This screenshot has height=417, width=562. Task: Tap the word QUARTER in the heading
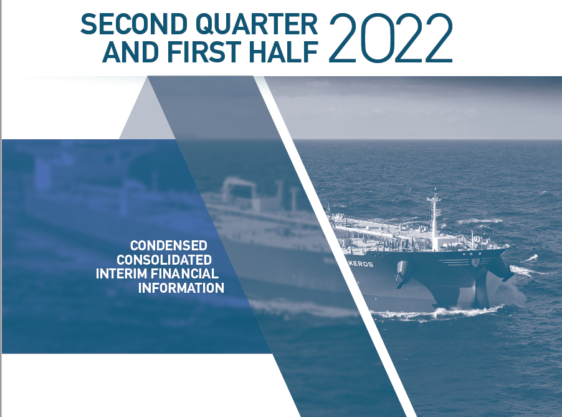(257, 25)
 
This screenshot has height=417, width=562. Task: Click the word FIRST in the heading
(204, 52)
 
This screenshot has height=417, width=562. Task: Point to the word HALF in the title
(283, 52)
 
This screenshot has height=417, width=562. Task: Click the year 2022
(391, 38)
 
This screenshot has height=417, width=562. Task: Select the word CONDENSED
(168, 246)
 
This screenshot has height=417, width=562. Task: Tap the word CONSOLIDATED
(164, 260)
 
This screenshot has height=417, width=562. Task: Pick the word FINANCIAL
(184, 273)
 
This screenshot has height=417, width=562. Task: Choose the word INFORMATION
(181, 288)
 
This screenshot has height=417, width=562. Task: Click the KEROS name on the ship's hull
(361, 264)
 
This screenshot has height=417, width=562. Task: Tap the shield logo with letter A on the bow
(475, 262)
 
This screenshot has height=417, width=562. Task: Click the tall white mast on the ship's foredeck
(434, 218)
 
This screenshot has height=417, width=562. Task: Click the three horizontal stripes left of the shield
(454, 262)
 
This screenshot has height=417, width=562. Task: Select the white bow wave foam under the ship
(437, 313)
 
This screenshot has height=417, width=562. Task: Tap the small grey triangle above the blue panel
(147, 115)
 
